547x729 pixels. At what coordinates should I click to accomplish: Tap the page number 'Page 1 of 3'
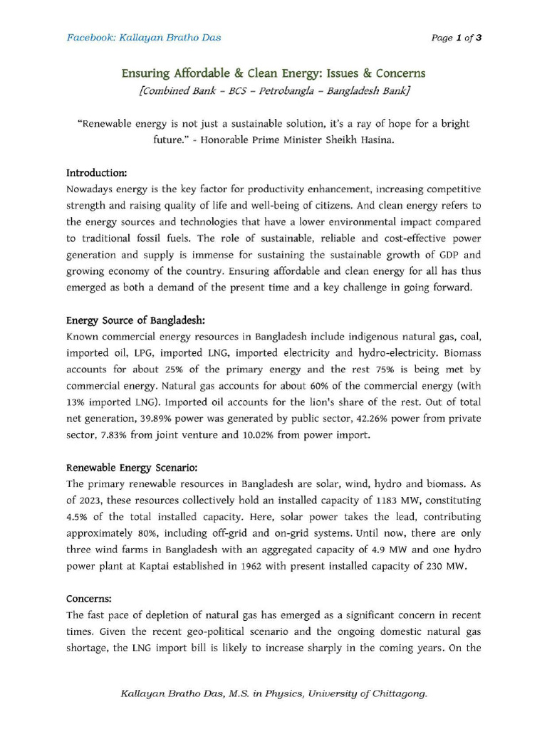457,38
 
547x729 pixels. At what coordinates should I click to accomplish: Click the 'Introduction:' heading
97,173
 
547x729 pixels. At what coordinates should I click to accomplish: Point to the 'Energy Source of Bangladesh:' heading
135,320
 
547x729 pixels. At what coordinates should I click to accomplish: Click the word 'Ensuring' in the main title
143,73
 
